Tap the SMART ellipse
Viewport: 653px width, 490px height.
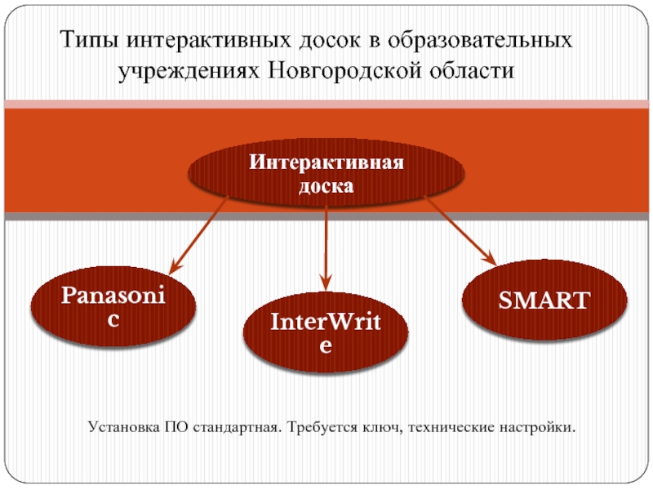pos(546,299)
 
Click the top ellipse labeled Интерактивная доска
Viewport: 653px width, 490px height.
pos(326,174)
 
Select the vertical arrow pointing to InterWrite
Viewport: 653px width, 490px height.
pos(326,245)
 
